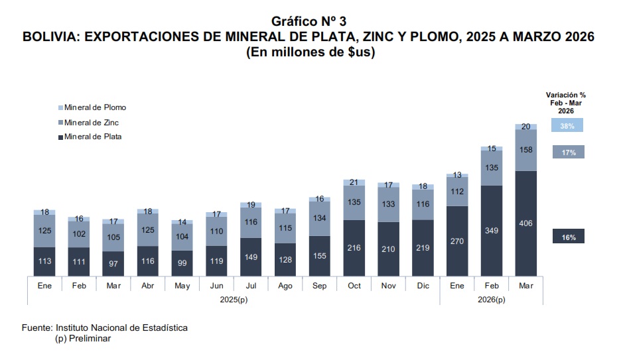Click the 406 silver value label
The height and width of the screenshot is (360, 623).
pyautogui.click(x=525, y=223)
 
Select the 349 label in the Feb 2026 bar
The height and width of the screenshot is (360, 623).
pyautogui.click(x=491, y=230)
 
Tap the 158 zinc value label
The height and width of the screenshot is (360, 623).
pyautogui.click(x=525, y=150)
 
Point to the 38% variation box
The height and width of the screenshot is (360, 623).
pyautogui.click(x=567, y=125)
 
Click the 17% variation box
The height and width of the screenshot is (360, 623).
pyautogui.click(x=568, y=152)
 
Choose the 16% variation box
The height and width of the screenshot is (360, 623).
pyautogui.click(x=568, y=237)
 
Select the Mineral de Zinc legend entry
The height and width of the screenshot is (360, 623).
pyautogui.click(x=92, y=122)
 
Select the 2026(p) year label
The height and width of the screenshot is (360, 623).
pyautogui.click(x=491, y=299)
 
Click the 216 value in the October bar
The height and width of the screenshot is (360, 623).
pyautogui.click(x=354, y=247)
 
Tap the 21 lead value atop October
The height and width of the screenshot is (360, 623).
pyautogui.click(x=354, y=182)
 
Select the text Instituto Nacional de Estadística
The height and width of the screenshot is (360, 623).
pyautogui.click(x=121, y=328)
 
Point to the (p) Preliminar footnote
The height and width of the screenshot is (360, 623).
pyautogui.click(x=82, y=338)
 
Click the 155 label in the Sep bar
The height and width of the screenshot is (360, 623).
pyautogui.click(x=319, y=255)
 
